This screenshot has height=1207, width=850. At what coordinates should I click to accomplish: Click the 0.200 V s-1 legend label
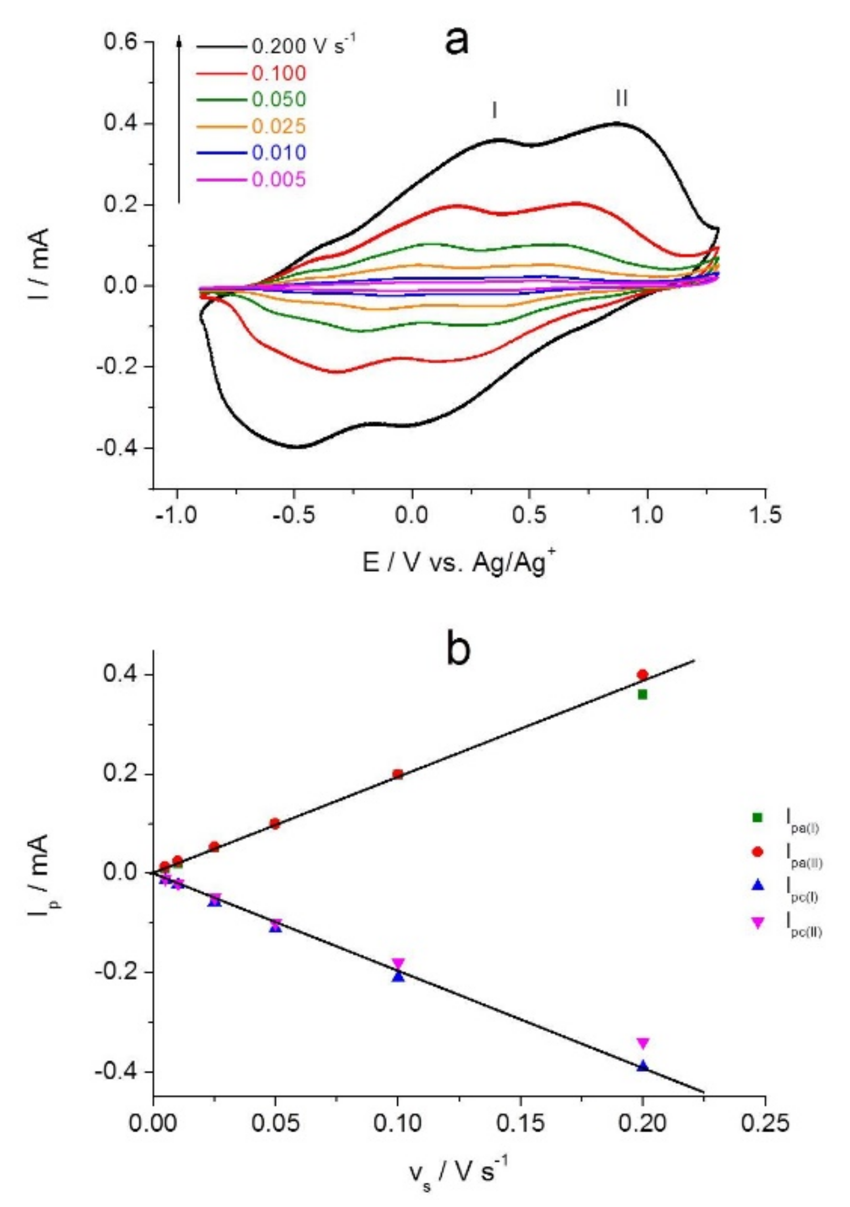click(302, 46)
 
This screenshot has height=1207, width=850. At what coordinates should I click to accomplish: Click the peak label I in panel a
click(494, 111)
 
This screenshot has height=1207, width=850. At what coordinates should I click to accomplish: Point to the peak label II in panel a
click(621, 99)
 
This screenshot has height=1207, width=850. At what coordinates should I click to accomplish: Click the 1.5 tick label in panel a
click(765, 515)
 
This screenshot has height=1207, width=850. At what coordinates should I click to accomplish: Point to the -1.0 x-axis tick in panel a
click(176, 515)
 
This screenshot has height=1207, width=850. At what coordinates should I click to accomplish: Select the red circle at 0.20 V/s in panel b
click(642, 674)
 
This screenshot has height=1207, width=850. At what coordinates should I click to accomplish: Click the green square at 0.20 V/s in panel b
click(642, 694)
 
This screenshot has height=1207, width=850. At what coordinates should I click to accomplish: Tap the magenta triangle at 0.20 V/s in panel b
click(642, 1043)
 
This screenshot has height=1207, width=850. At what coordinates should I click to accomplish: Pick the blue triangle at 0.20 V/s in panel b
click(642, 1066)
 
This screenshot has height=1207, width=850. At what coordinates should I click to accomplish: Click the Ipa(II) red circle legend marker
click(758, 852)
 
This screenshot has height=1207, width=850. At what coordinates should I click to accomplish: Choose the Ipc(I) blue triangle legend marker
click(758, 886)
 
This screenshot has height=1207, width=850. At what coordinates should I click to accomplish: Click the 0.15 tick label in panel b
click(520, 1124)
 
